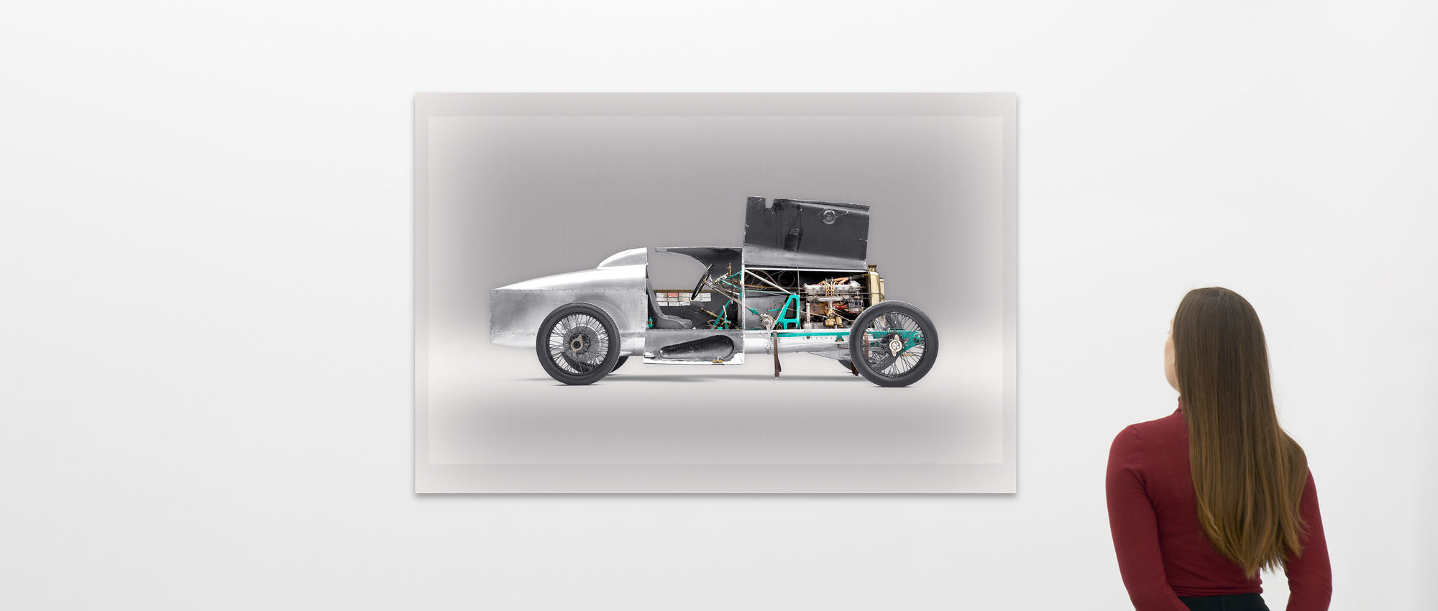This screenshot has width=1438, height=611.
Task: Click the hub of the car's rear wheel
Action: (x=577, y=344)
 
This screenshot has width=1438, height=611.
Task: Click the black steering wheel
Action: (x=702, y=282)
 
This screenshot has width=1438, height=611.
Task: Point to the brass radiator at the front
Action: (x=875, y=285)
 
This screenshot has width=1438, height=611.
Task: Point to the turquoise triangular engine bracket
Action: (x=789, y=312)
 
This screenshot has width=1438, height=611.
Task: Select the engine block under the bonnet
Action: (x=831, y=293)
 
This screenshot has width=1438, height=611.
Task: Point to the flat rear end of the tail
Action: (x=493, y=316)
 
